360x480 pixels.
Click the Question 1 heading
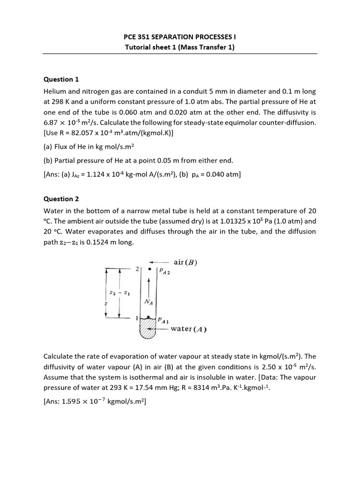point(58,79)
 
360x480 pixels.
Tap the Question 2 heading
point(58,199)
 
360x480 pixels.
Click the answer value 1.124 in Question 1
point(98,175)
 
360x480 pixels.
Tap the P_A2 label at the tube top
point(165,271)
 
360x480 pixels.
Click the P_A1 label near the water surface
point(164,321)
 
